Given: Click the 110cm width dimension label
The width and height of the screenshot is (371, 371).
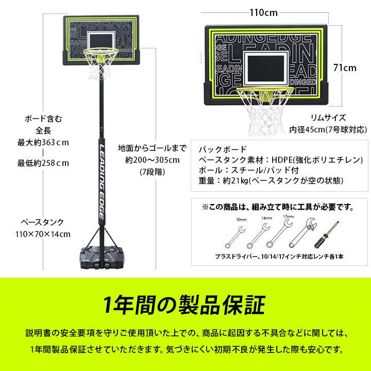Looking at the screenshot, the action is coord(264,12).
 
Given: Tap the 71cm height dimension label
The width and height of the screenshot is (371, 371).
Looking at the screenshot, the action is coord(345,68).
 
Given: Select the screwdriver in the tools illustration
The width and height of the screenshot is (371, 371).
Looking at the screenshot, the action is coord(327,234).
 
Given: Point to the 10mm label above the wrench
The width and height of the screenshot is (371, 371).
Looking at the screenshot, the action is coord(241,220).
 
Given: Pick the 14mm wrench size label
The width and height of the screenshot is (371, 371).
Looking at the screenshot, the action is coord(267,218).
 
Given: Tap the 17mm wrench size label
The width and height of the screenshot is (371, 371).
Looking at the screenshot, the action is coord(289,216).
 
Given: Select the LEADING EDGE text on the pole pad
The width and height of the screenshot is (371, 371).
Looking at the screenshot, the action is coord(102,182).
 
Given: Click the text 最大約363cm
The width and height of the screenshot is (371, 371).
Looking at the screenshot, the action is coord(43,143).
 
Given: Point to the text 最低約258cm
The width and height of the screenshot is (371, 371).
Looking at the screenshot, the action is coord(43,163).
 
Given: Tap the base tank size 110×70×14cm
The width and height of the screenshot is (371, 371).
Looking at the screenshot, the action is coord(43,234).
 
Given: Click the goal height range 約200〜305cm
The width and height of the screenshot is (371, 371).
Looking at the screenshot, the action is coord(153,160).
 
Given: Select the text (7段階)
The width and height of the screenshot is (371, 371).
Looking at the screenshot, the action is coord(152,172).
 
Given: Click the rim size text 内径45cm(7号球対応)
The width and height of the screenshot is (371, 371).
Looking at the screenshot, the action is coord(328,130).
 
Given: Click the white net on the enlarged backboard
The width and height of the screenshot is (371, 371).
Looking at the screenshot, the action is coord(265,113).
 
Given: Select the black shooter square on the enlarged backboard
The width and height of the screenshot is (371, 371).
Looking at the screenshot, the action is coord(266,69).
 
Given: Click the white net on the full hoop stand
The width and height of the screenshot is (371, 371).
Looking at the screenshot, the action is coord(100,65).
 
